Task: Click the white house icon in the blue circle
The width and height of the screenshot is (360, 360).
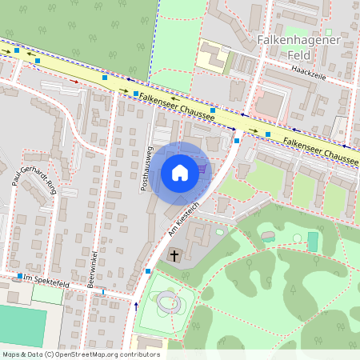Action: pyautogui.click(x=180, y=172)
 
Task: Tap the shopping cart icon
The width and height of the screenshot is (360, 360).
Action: pyautogui.click(x=202, y=168)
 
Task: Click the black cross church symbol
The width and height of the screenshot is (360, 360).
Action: pyautogui.click(x=174, y=256)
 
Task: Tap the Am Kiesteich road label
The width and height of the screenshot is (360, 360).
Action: pyautogui.click(x=182, y=229)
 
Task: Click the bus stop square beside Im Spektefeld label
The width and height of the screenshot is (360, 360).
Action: pyautogui.click(x=20, y=276)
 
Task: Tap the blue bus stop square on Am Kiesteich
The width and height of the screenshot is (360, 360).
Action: pyautogui.click(x=148, y=271)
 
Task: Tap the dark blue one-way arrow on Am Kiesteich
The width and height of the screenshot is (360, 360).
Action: pyautogui.click(x=136, y=306)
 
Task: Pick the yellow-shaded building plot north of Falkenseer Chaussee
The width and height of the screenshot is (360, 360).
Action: pyautogui.click(x=212, y=54)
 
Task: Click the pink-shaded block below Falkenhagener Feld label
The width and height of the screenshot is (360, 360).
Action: pyautogui.click(x=270, y=102)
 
